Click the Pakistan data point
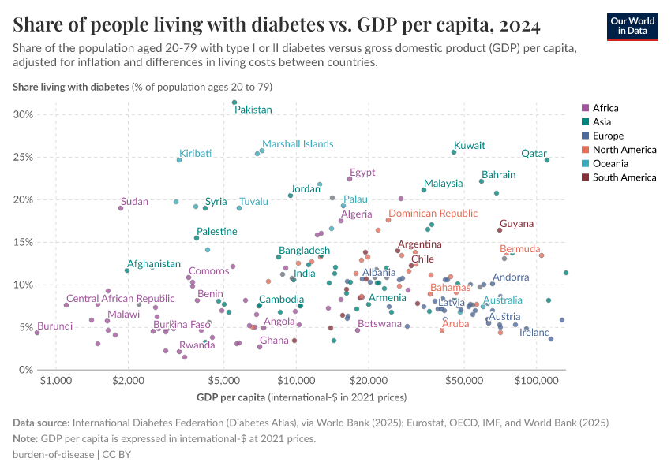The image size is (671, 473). coord(234,102)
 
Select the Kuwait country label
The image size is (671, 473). coord(470,146)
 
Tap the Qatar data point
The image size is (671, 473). coord(547,160)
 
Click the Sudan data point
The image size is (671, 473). coord(121,208)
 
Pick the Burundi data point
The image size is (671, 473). coord(37,333)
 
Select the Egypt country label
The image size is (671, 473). coord(362,173)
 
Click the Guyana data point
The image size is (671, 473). coord(500,230)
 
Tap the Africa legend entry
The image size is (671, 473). coord(605,108)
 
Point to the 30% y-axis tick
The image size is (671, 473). coord(23,115)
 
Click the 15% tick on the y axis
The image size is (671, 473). coord(23,242)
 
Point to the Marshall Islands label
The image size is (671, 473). coord(298,144)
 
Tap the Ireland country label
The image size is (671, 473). coord(534,333)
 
